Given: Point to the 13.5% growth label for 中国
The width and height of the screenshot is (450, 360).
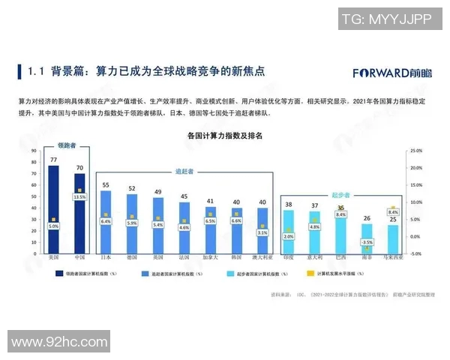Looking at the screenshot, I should [79, 198].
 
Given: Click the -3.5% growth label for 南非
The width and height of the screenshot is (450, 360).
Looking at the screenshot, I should [367, 242].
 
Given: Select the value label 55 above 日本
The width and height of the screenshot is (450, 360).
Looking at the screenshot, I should [106, 184].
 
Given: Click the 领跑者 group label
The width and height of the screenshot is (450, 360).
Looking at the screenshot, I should [67, 145].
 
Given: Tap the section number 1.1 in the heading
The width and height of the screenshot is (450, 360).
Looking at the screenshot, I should [37, 73].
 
